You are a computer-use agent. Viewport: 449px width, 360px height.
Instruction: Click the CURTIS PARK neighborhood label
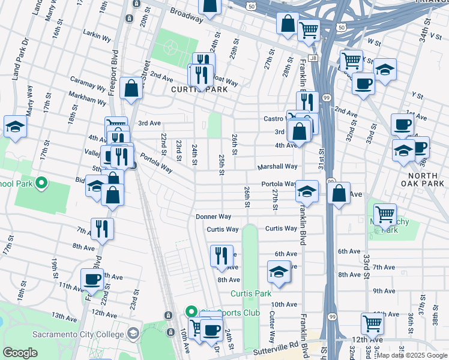point(190,89)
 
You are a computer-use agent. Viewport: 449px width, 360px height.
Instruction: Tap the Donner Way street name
point(213,217)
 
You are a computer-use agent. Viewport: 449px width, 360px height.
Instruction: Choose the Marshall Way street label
point(277,167)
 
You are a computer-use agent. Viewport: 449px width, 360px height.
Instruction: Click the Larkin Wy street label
point(98,38)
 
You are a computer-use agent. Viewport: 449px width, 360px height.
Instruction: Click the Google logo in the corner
point(20,352)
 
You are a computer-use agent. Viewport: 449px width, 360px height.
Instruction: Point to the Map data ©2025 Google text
point(412,355)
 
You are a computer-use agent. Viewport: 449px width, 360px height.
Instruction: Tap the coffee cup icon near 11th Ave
point(92,279)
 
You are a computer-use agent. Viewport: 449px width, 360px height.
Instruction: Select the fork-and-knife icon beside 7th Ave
point(102,228)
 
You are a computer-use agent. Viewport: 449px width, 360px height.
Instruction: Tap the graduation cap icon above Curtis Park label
point(278,272)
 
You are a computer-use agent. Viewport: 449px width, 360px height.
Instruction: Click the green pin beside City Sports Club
point(191,311)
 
